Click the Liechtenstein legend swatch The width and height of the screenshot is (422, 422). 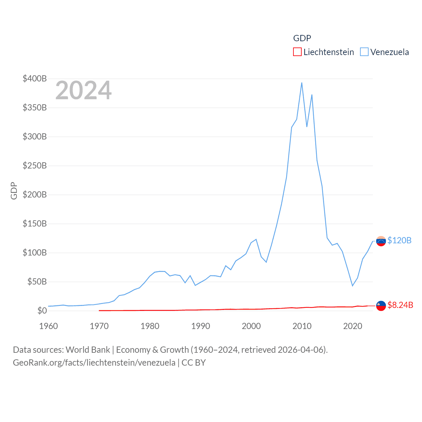[x=297, y=52]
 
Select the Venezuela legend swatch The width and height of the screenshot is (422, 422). [x=364, y=52]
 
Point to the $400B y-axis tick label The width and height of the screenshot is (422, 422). [x=35, y=78]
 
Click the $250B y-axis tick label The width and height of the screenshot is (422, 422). [x=35, y=166]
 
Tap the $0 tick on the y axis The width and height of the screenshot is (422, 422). [x=42, y=311]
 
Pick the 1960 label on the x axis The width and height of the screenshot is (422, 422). [x=48, y=326]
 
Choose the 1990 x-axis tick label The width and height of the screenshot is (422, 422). [x=200, y=326]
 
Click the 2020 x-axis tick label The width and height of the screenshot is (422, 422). [x=352, y=326]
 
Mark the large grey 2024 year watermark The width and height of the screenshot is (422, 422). [x=83, y=90]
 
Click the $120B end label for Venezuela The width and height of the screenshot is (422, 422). [x=399, y=240]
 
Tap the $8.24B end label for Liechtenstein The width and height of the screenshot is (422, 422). [x=400, y=305]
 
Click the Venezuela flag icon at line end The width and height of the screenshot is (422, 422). [x=381, y=241]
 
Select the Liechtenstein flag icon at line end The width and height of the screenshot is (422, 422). [x=381, y=306]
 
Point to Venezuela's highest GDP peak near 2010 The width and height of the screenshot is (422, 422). [x=302, y=83]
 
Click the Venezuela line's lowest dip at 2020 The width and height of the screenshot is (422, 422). [x=352, y=286]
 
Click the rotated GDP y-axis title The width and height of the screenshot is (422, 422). [x=14, y=191]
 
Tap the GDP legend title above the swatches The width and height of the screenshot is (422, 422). [x=302, y=38]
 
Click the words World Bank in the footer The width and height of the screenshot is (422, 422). [x=88, y=350]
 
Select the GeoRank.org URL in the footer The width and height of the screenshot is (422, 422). [x=94, y=363]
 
